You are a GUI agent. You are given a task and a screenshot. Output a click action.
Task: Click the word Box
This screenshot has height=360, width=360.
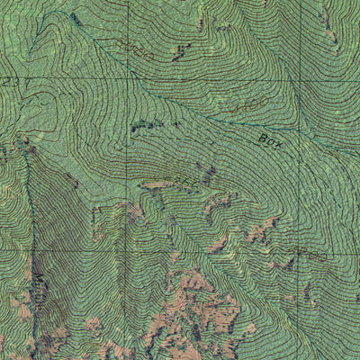pyautogui.click(x=269, y=140)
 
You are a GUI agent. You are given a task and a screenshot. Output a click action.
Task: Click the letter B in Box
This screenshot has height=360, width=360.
pyautogui.click(x=262, y=138)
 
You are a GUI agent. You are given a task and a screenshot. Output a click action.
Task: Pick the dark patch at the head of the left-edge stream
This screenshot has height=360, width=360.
pyautogui.click(x=22, y=141)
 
